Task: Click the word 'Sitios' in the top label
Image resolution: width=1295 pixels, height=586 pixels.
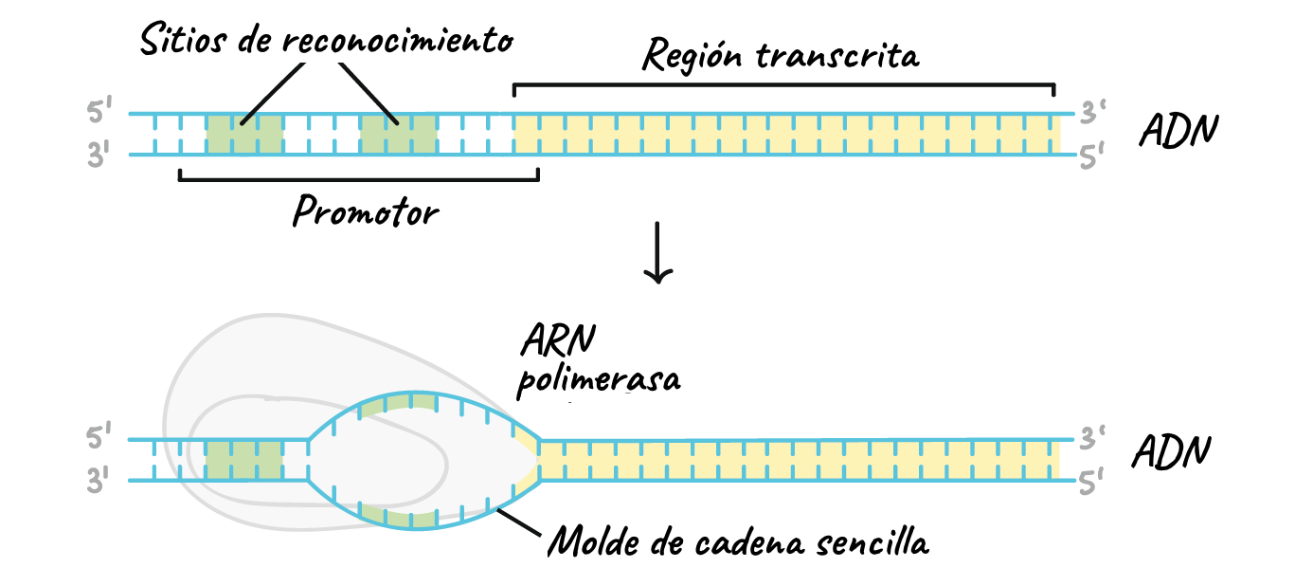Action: (x=183, y=39)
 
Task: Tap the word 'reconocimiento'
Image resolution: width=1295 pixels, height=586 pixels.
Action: (x=398, y=41)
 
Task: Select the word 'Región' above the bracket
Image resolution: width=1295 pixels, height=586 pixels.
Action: (x=692, y=56)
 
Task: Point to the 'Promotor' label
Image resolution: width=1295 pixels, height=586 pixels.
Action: (x=366, y=211)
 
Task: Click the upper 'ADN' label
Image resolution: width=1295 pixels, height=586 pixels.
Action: (x=1178, y=130)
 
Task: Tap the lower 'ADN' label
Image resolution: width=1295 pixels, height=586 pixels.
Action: (x=1171, y=451)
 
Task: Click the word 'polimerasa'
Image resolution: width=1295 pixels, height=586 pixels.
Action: (x=599, y=380)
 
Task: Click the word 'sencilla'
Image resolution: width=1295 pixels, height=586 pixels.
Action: (x=872, y=542)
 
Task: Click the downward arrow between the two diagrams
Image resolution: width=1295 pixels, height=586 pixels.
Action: (x=657, y=253)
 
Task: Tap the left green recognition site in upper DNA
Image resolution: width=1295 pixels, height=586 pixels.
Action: (x=244, y=135)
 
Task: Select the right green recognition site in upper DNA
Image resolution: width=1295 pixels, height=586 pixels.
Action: (x=398, y=135)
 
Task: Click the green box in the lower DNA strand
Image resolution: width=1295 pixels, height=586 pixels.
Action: (x=244, y=460)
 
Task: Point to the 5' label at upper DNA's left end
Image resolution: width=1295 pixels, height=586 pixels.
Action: (x=99, y=111)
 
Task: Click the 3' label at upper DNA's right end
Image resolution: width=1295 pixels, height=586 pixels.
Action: (x=1092, y=112)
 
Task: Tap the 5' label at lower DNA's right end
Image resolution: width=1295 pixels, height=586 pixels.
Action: (x=1091, y=482)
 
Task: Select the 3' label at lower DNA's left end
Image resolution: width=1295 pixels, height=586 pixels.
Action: (x=98, y=480)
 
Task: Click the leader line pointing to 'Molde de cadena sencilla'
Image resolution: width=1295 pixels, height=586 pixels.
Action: (x=518, y=522)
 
